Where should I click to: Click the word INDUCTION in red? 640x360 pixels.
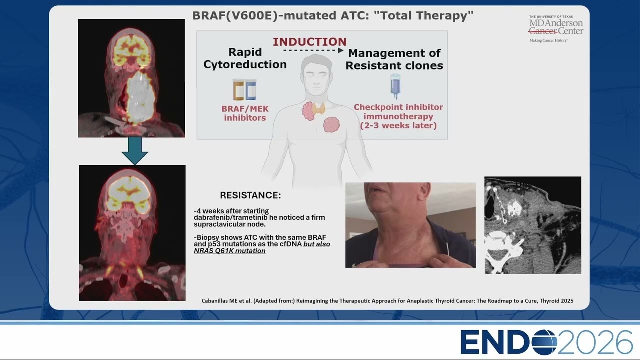coord(309,42)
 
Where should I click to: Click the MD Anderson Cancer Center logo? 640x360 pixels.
coord(555,29)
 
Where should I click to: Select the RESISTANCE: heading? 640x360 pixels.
coord(250,195)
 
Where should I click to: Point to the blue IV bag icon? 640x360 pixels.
coord(395,87)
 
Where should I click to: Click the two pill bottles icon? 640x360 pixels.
coord(245,89)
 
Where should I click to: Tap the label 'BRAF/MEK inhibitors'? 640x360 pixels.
coord(245,113)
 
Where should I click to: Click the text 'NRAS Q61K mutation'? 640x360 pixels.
coord(229,251)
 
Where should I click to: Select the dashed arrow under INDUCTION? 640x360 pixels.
coord(313,51)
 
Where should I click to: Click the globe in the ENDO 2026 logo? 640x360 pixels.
coord(544,342)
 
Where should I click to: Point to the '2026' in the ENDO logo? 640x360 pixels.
coord(595,342)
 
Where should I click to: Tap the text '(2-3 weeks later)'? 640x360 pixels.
coord(398,125)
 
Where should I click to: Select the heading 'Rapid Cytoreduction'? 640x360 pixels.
coord(245,58)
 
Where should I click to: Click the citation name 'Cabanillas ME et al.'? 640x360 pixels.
coord(226,301)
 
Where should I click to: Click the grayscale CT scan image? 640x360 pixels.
coord(533,225)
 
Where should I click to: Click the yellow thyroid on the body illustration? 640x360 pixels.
coord(318,108)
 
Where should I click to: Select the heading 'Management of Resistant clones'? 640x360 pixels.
coord(394,59)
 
